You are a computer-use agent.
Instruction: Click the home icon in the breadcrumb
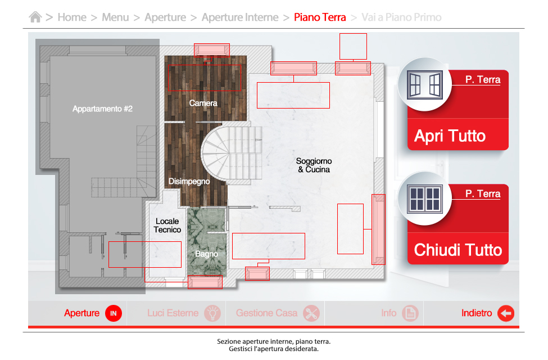[35, 17]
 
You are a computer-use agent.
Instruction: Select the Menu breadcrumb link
[115, 17]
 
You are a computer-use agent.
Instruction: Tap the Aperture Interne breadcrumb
[240, 17]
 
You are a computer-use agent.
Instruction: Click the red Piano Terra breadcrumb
[320, 17]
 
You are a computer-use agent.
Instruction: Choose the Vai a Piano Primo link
[401, 17]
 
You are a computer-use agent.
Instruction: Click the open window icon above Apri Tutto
[425, 85]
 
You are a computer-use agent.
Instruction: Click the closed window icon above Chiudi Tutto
[425, 199]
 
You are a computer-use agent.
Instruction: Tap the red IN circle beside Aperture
[113, 313]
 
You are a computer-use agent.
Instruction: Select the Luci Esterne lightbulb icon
[212, 313]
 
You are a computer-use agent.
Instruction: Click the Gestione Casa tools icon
[311, 313]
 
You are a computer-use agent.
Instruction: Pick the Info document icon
[410, 313]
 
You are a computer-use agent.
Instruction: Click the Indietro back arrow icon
[506, 313]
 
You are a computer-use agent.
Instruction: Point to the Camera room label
[203, 103]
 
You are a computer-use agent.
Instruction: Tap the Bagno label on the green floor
[206, 254]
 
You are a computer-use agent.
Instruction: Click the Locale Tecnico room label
[167, 226]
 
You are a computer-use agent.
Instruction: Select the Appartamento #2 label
[102, 109]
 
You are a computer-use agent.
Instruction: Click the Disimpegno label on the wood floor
[189, 181]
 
